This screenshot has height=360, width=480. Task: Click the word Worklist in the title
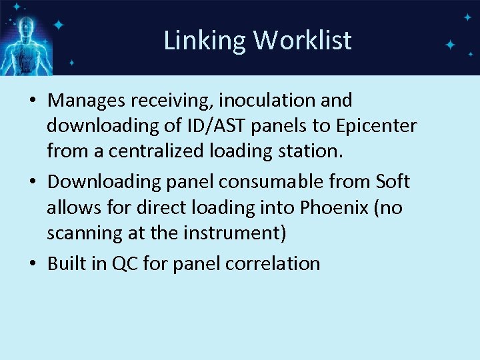(x=302, y=41)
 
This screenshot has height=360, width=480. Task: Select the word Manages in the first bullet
(x=88, y=101)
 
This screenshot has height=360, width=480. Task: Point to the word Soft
(x=393, y=181)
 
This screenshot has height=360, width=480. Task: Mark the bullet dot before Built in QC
(x=33, y=264)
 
